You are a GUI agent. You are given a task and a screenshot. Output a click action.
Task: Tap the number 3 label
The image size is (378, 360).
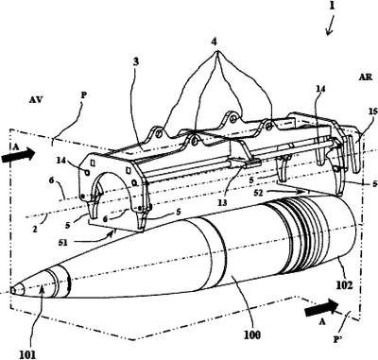[136, 61]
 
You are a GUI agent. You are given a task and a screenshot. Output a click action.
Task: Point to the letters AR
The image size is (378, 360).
[365, 77]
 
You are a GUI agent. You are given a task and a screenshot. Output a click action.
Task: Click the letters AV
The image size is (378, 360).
[36, 100]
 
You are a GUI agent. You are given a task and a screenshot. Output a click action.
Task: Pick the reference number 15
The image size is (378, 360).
[372, 111]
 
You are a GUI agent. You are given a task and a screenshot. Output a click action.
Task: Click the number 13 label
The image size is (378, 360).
[222, 202]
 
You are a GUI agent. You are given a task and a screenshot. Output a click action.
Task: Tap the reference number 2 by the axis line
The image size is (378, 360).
[35, 229]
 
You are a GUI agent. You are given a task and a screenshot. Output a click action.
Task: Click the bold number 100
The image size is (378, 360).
[252, 335]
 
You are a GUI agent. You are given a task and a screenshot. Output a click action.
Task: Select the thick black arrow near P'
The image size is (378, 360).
[322, 307]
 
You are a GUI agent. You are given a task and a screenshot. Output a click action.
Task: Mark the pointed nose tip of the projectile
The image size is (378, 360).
[10, 290]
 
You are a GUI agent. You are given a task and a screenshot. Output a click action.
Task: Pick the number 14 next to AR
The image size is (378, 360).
[320, 89]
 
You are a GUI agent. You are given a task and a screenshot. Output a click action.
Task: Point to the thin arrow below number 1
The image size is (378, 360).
[330, 27]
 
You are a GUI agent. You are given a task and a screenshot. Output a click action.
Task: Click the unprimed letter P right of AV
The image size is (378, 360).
[83, 95]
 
